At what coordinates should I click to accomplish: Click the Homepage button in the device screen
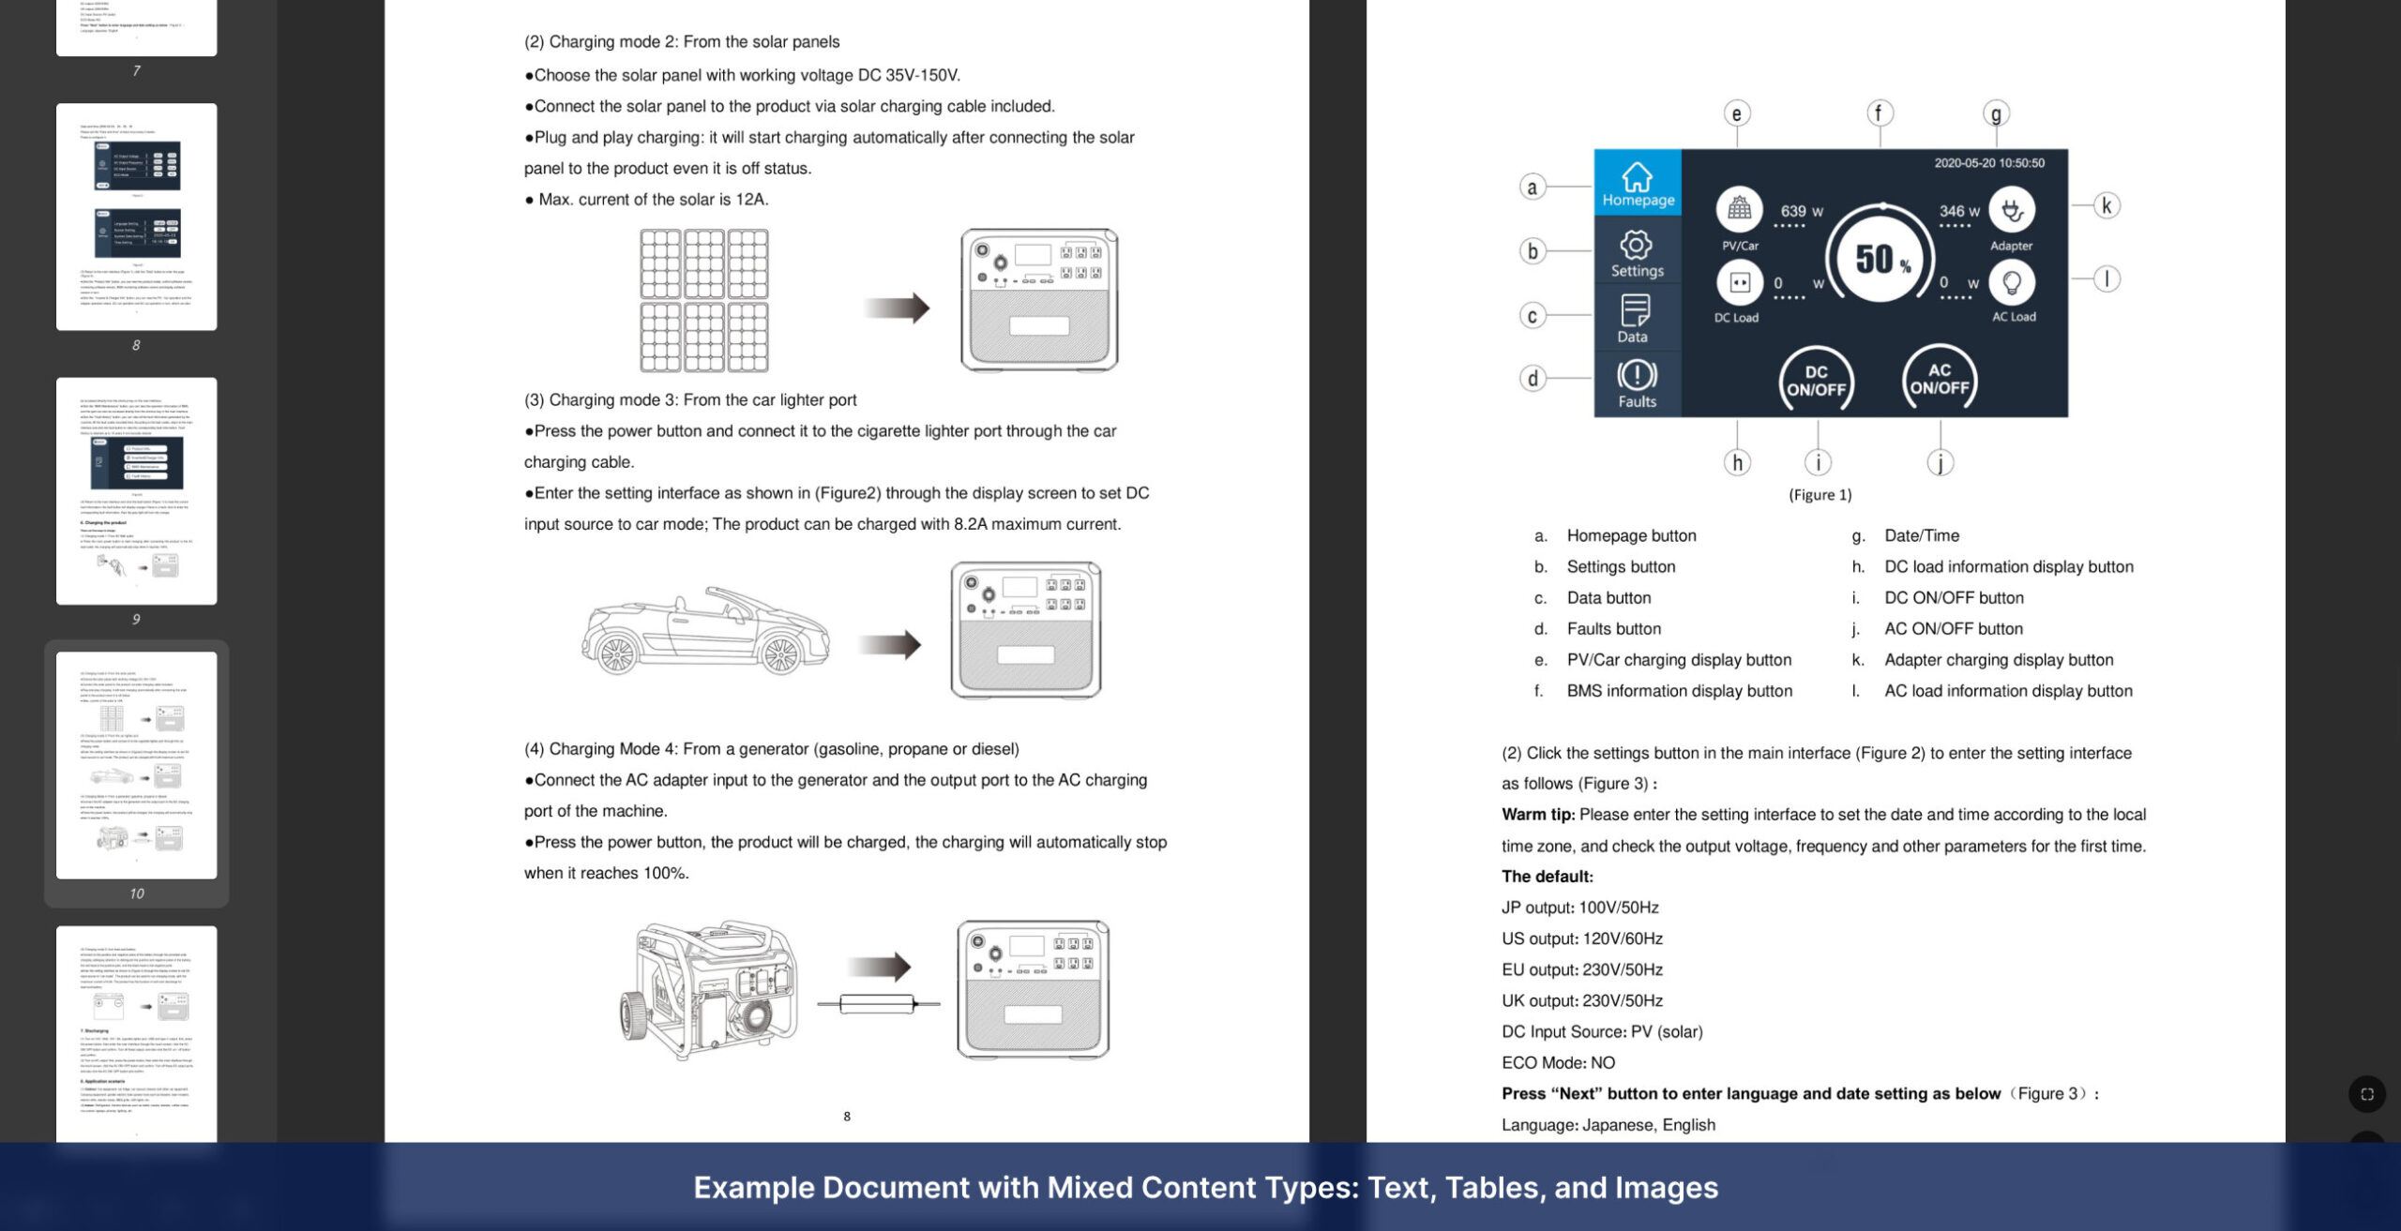[x=1638, y=183]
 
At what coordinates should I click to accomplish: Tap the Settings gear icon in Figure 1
[x=1636, y=246]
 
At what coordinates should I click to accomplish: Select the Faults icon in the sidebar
[x=1637, y=377]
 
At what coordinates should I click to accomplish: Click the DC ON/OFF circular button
[x=1816, y=381]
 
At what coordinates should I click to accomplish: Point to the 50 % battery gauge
[x=1880, y=257]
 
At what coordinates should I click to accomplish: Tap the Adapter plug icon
[x=2012, y=210]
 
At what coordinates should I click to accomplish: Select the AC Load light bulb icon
[x=2011, y=282]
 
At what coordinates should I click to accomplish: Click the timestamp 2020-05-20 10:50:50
[x=1988, y=163]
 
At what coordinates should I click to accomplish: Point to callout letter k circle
[x=2107, y=205]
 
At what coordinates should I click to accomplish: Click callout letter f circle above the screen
[x=1879, y=113]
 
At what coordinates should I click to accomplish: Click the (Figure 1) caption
[x=1820, y=495]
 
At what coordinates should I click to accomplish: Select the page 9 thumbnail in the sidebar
[x=137, y=491]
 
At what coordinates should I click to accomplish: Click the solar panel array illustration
[x=703, y=300]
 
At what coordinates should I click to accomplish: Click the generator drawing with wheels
[x=708, y=989]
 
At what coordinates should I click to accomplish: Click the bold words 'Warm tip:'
[x=1537, y=815]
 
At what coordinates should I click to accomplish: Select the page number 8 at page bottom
[x=847, y=1117]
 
